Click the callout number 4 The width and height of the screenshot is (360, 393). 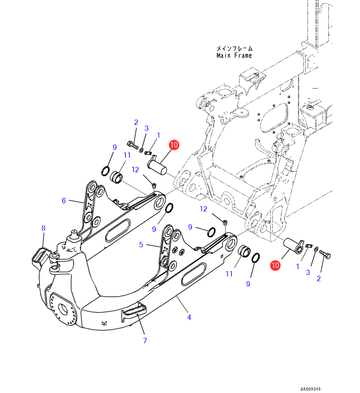tap(189, 318)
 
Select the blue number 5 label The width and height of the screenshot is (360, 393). tap(141, 245)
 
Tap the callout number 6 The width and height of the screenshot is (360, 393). tap(64, 201)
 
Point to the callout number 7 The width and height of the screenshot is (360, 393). tap(145, 340)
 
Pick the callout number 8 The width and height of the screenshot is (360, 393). tap(43, 228)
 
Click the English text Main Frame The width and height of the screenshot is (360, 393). tap(234, 55)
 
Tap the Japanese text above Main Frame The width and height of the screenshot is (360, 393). tap(234, 48)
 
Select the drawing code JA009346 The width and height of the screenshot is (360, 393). tap(311, 388)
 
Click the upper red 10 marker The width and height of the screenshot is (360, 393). tap(174, 145)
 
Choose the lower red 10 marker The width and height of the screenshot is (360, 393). tap(275, 265)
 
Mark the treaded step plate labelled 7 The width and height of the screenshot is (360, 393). tap(134, 311)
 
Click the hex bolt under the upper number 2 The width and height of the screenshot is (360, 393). tap(132, 145)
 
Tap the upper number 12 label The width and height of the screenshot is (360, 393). tap(136, 169)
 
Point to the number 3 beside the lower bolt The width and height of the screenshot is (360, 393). tap(308, 272)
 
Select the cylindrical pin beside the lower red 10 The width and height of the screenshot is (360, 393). tap(293, 246)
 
